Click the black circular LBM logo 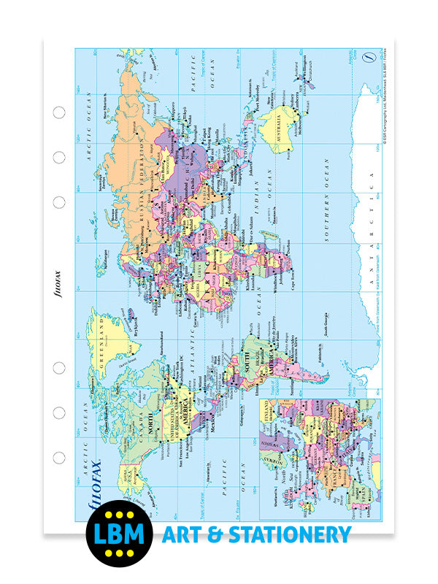[x=118, y=534]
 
